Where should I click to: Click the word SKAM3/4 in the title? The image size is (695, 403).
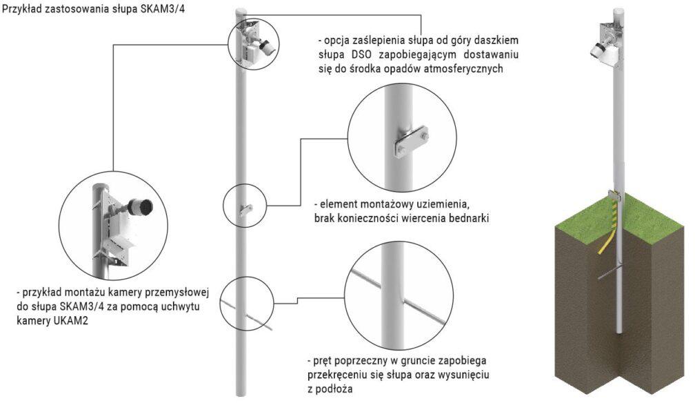(162, 10)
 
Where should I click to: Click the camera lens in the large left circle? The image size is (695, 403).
(145, 206)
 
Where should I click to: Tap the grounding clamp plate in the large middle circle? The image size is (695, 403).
(412, 141)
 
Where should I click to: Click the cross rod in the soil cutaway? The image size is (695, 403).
(610, 272)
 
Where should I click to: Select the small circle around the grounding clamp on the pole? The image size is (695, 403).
(245, 206)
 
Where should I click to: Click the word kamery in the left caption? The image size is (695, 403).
(32, 320)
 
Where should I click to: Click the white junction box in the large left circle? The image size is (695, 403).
(116, 226)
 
